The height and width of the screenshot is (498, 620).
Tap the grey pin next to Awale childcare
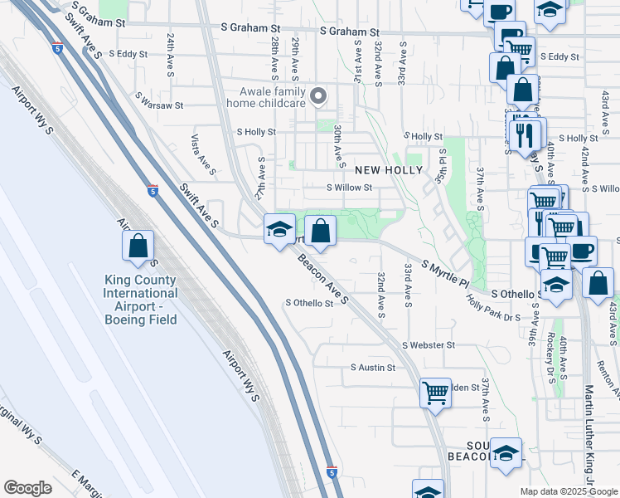(x=318, y=96)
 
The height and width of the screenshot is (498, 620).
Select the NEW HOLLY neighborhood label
(x=389, y=170)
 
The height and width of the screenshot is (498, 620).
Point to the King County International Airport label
(x=140, y=300)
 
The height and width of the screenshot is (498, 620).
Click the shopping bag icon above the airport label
(x=138, y=246)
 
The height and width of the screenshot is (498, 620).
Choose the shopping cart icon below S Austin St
(x=435, y=393)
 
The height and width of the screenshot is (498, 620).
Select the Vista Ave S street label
(x=204, y=155)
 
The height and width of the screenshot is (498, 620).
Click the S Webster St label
(x=429, y=344)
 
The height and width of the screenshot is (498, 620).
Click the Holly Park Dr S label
(x=493, y=311)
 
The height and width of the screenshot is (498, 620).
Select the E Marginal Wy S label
(x=86, y=486)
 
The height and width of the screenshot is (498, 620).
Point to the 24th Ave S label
(x=170, y=56)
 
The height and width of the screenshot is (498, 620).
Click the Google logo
(x=27, y=488)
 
